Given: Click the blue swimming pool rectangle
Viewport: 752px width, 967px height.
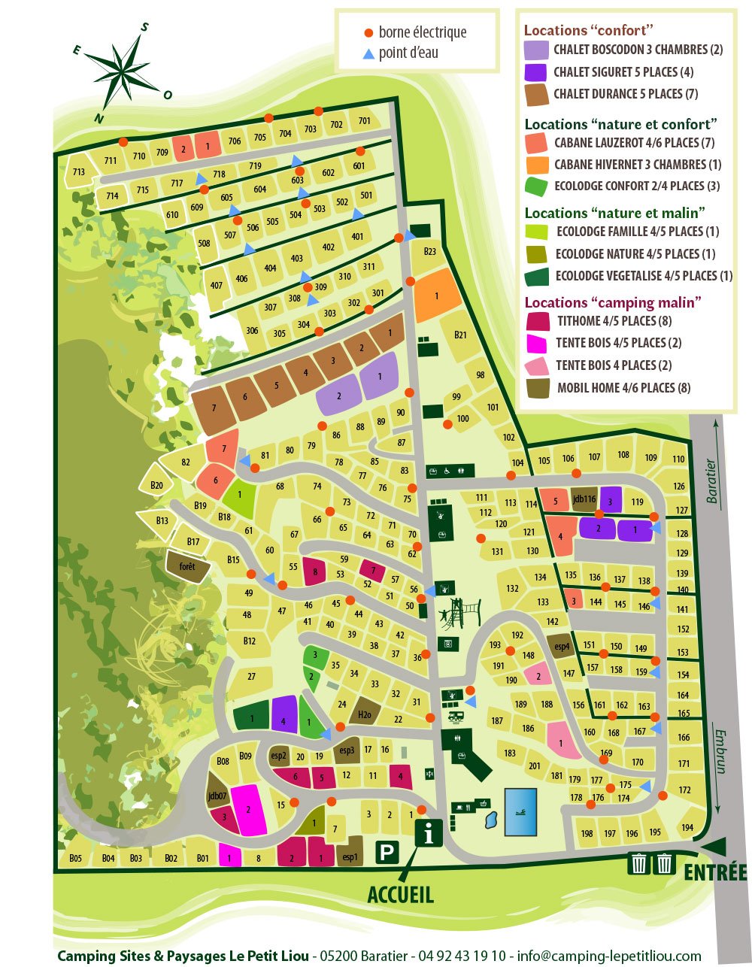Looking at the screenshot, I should [x=520, y=811].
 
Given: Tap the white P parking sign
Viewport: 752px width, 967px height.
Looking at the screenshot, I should [x=387, y=853].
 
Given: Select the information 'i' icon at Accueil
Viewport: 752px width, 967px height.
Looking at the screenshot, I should [x=429, y=833].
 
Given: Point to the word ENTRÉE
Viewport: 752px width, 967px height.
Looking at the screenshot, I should [x=714, y=872].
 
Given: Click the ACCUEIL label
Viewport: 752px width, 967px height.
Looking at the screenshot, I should [x=400, y=894].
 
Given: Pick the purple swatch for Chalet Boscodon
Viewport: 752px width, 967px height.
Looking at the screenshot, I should [x=536, y=50].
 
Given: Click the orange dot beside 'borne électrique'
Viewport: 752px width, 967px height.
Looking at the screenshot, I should [x=368, y=32].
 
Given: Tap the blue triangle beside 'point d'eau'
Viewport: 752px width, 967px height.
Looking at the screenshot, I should [x=368, y=53].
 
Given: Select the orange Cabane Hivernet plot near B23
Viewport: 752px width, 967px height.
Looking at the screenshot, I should [x=437, y=295].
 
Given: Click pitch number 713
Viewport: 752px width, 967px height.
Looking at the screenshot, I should [x=79, y=172].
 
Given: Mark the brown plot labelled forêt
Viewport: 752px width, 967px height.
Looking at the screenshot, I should [x=186, y=565].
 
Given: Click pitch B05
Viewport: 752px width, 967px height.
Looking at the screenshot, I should [x=75, y=858].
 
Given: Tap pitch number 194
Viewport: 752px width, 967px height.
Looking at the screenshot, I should [x=687, y=827].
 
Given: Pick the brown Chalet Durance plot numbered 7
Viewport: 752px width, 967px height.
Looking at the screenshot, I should [x=214, y=408].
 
